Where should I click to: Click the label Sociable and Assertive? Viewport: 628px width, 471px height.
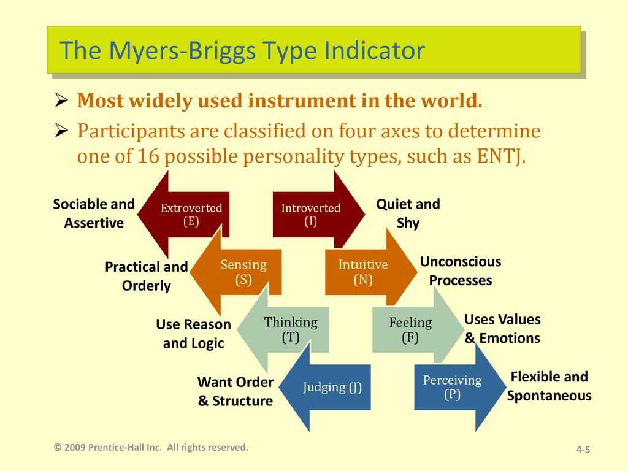(94, 213)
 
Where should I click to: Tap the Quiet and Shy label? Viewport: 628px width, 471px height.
(408, 213)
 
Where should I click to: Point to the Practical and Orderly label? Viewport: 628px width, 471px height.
(146, 277)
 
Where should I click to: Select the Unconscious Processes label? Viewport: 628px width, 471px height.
(461, 270)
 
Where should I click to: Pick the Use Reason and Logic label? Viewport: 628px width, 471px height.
(193, 334)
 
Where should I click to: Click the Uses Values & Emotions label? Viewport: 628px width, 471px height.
(502, 329)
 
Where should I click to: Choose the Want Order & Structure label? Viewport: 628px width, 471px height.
(235, 391)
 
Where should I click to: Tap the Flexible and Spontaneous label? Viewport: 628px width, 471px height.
(549, 386)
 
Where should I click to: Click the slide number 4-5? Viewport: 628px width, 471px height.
(583, 450)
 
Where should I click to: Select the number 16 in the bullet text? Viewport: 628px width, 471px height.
(148, 156)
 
